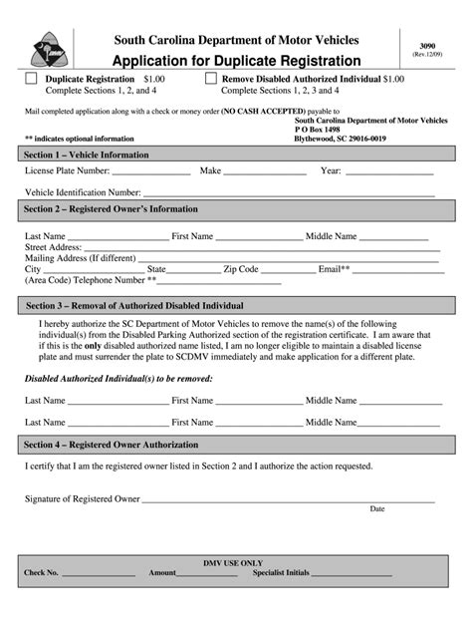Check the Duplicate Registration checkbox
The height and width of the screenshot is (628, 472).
click(x=31, y=78)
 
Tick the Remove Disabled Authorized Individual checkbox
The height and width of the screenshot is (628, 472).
click(x=211, y=78)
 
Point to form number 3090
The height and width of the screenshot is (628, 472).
click(x=427, y=45)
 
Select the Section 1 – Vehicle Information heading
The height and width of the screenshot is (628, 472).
click(x=88, y=155)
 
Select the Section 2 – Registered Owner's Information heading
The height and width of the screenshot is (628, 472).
click(x=112, y=209)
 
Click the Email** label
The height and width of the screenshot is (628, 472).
click(x=334, y=269)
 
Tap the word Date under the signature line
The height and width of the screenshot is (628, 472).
click(x=377, y=508)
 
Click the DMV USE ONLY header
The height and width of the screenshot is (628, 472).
click(x=235, y=562)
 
